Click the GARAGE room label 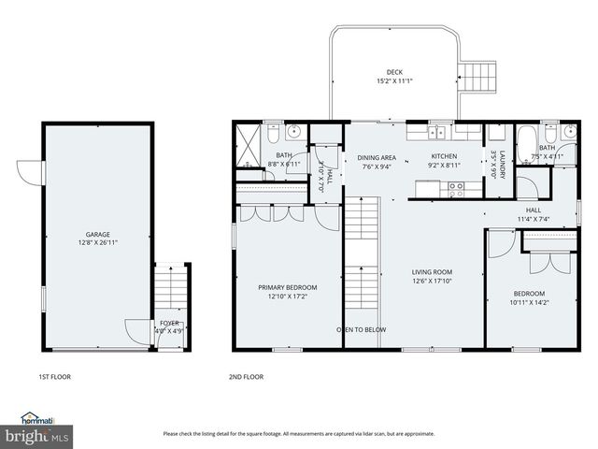click(98, 234)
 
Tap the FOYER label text click(169, 323)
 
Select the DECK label click(395, 72)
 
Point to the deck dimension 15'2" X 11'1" click(395, 80)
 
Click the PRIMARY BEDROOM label click(288, 287)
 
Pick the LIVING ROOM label click(432, 272)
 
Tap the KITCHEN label click(445, 156)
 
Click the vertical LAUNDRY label click(501, 160)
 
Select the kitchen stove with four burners click(457, 187)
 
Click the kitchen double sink click(440, 132)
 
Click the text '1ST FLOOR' click(55, 377)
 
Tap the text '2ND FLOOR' click(246, 377)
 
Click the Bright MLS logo click(37, 435)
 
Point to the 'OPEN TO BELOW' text click(362, 329)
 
